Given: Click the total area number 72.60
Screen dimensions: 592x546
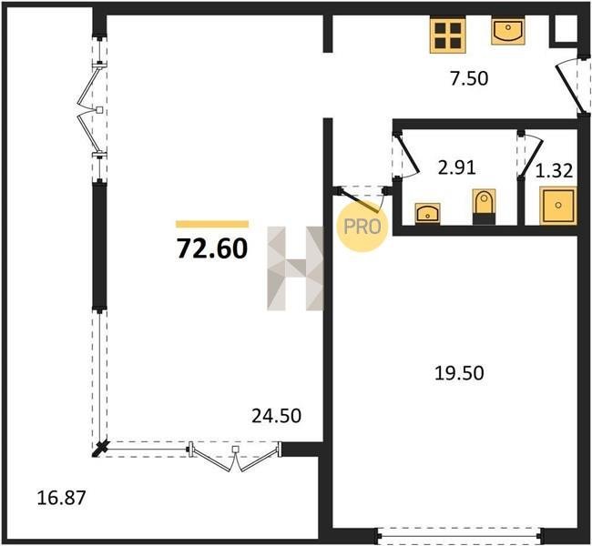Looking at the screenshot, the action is tap(212, 249).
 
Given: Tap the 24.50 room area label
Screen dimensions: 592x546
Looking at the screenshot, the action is tap(276, 416).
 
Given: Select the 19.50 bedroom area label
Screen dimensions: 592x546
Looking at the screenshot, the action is tap(459, 373).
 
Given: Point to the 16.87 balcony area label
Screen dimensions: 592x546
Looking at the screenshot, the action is tap(62, 498).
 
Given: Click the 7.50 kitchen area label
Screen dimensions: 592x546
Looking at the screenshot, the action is tap(469, 78).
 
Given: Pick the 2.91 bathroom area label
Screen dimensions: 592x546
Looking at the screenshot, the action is tap(456, 167).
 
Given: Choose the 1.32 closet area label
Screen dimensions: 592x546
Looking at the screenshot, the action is tap(555, 171).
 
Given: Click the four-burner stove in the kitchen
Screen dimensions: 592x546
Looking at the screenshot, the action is tap(448, 35).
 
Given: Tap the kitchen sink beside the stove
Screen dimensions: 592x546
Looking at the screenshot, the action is tap(508, 31).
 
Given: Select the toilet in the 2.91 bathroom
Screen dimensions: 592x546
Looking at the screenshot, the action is tap(484, 207).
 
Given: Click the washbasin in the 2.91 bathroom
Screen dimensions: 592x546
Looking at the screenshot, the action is tap(427, 214).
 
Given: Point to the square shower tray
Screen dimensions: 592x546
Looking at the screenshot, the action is tap(558, 205).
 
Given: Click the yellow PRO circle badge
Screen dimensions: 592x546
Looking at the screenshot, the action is tap(362, 227).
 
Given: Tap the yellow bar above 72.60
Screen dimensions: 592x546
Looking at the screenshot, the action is tap(212, 224).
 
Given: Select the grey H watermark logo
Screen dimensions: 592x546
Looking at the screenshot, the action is tap(295, 268).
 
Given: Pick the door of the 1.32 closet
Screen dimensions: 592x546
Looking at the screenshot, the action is tap(530, 155).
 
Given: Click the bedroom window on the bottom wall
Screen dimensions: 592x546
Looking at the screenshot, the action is tap(461, 535).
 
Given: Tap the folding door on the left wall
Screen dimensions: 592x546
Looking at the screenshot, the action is tap(92, 110).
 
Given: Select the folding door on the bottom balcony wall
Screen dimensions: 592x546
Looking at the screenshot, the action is tap(235, 456).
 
